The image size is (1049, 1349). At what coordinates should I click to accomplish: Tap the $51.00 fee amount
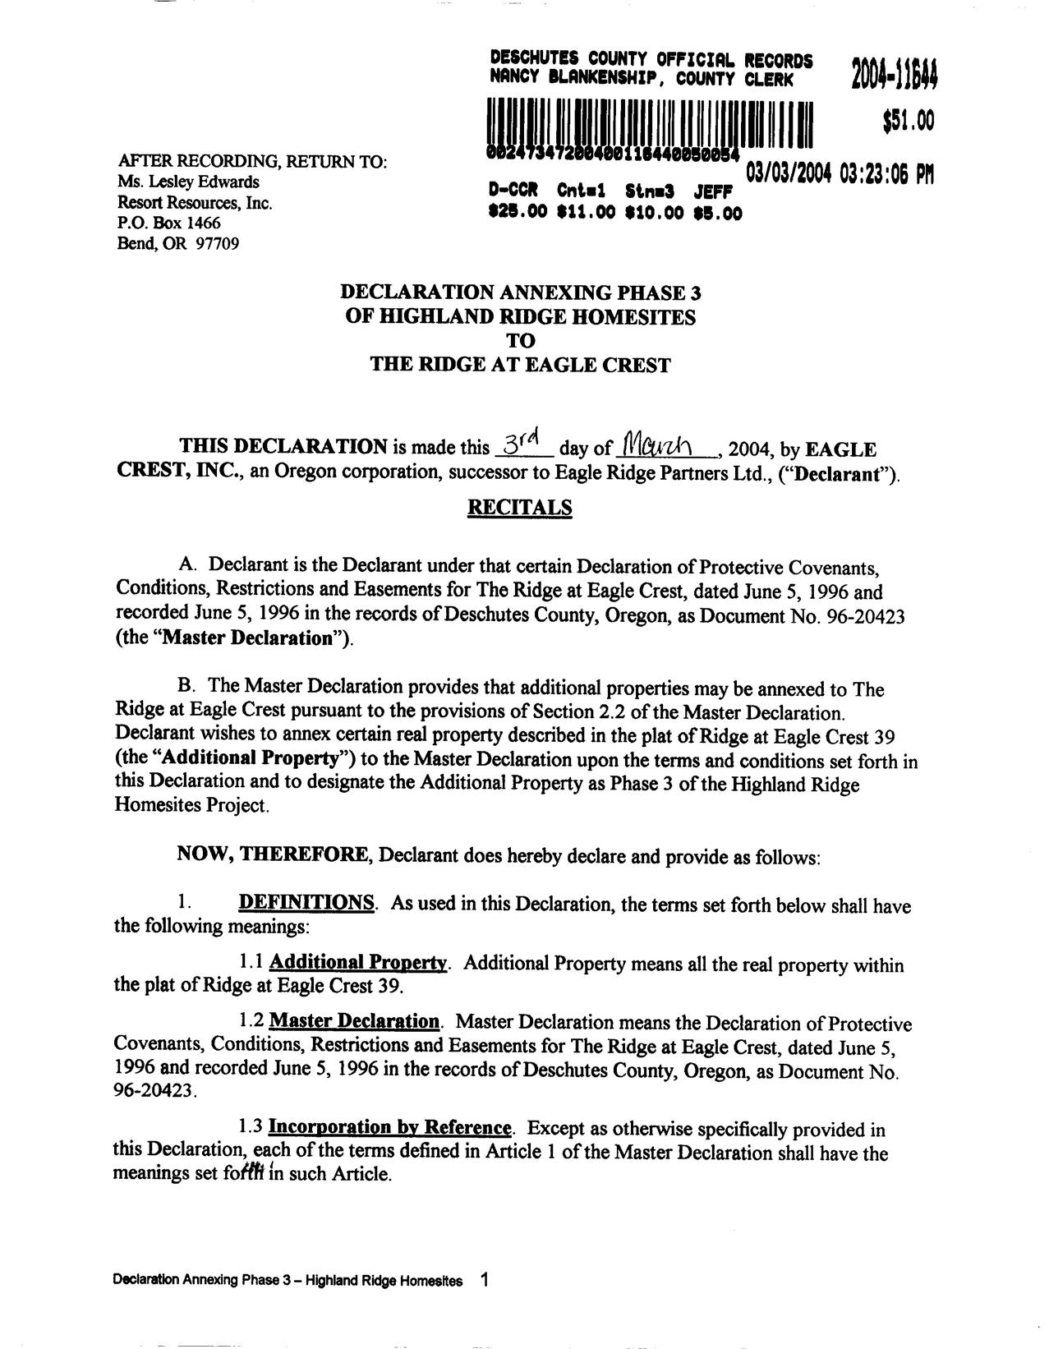(x=909, y=122)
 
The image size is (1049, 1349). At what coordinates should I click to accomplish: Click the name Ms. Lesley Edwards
(x=188, y=182)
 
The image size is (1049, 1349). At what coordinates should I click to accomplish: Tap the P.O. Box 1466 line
(x=169, y=223)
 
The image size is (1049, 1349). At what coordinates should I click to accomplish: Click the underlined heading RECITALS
(x=519, y=508)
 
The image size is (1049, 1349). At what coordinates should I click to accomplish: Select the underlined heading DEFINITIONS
(x=306, y=903)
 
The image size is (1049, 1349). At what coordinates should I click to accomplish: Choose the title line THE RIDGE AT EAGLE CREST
(x=520, y=365)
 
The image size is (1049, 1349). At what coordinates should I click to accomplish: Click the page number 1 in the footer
(x=485, y=1279)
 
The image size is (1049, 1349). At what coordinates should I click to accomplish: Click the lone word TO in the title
(x=520, y=340)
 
